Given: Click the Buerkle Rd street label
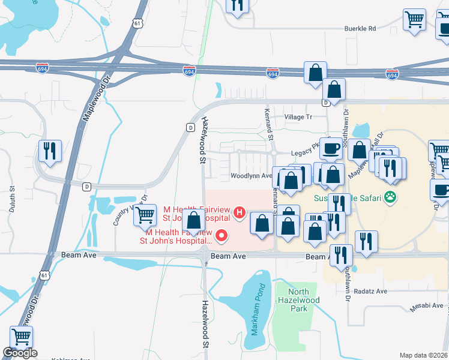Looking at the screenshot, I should coord(360,28).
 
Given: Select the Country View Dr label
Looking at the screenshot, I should coord(130,209).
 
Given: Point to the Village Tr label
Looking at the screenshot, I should coord(298,117).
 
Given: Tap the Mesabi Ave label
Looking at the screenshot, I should coord(426,305).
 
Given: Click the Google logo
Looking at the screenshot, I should coord(20,353).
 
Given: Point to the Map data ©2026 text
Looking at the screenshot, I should coord(424,355).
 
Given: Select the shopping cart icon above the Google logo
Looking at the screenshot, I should coord(22,337).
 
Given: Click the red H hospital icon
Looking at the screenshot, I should coord(240,212).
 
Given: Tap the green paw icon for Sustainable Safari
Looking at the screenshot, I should coord(391,197).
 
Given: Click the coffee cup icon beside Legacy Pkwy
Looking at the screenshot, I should coord(330,148).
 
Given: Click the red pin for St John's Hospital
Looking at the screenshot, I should coord(222,236).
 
